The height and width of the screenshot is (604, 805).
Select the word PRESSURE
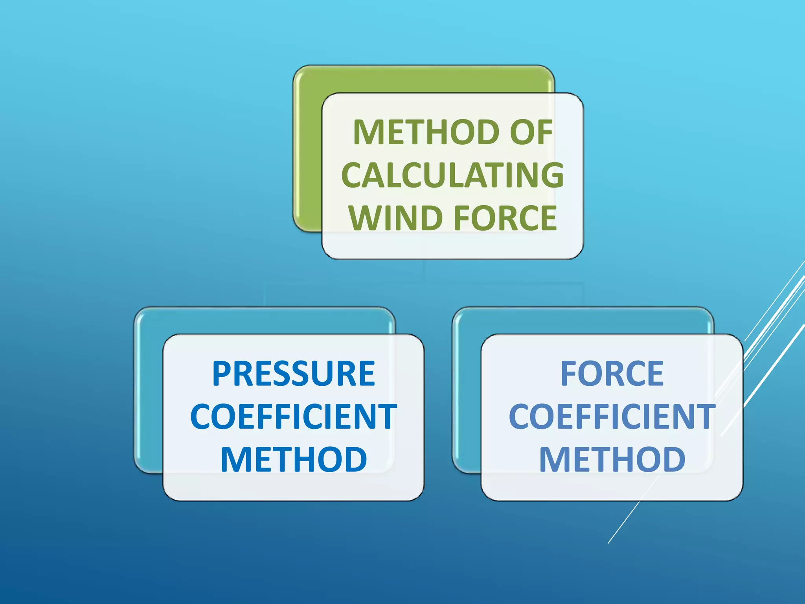294,374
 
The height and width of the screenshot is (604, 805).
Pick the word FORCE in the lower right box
612,374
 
